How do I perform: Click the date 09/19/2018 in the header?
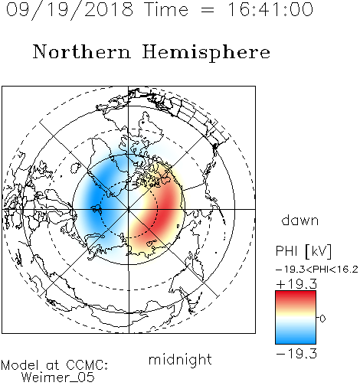point(70,10)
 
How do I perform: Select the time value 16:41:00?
point(270,9)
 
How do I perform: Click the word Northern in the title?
point(82,51)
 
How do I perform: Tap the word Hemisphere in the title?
point(206,53)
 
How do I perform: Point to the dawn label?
point(300,220)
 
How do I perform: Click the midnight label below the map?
point(180,359)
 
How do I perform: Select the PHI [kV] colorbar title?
point(303,251)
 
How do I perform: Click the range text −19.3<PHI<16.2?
point(317,270)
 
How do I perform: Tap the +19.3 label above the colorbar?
point(296,284)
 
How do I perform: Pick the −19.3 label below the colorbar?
point(296,354)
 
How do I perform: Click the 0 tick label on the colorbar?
point(322,319)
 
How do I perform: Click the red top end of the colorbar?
point(296,294)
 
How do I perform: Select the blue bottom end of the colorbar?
point(296,341)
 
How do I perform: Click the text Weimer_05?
point(58,378)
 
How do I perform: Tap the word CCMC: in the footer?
point(87,365)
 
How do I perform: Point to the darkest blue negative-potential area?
point(94,201)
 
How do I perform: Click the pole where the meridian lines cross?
point(129,209)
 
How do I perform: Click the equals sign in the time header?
point(208,10)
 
